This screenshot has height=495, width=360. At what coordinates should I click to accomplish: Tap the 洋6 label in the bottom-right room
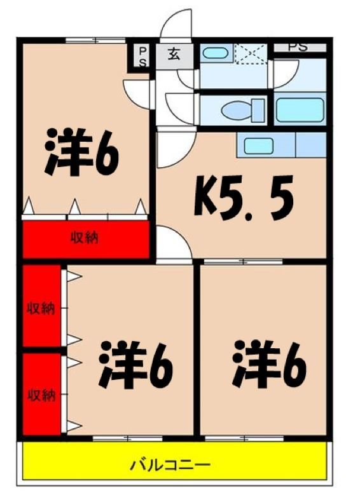(270, 364)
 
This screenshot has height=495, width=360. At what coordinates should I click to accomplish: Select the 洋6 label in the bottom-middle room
(135, 364)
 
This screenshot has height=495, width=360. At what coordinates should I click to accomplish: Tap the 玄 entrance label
(174, 54)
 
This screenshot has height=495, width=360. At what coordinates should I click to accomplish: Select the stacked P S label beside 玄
(142, 56)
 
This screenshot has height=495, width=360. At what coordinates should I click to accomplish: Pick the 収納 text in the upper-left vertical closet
(40, 308)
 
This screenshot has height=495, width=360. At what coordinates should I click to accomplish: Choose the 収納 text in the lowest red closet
(40, 395)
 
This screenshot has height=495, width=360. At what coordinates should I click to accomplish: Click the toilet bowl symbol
(244, 110)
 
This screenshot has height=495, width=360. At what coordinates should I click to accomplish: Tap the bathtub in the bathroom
(300, 110)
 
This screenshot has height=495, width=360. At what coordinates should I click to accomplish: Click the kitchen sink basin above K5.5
(259, 145)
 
